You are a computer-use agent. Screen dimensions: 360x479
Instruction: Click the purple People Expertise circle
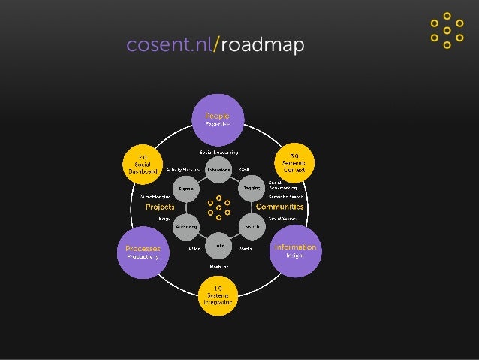click(x=218, y=119)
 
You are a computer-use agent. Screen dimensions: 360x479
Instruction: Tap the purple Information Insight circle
click(x=295, y=251)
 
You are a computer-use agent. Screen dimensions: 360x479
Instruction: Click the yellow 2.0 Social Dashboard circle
click(x=143, y=164)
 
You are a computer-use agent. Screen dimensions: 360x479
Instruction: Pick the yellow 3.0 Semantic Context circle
click(x=293, y=163)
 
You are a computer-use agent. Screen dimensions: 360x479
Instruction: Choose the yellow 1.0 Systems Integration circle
click(x=218, y=296)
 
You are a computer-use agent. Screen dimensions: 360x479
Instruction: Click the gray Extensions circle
click(x=218, y=170)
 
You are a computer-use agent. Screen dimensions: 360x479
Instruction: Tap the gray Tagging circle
click(x=252, y=188)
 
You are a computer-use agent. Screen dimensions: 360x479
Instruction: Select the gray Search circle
click(x=252, y=225)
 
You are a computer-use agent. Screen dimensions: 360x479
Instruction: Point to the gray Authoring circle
click(x=185, y=225)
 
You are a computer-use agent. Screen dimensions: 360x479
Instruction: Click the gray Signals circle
click(x=185, y=189)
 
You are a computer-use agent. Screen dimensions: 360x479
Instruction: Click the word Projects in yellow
click(x=160, y=207)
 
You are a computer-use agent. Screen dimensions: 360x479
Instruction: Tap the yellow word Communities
click(x=279, y=207)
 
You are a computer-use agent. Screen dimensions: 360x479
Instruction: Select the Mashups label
click(x=218, y=266)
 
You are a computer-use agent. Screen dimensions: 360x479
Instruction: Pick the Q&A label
click(x=244, y=170)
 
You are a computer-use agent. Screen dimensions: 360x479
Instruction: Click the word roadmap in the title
click(x=262, y=47)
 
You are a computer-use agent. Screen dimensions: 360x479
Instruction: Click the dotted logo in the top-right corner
click(x=447, y=30)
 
